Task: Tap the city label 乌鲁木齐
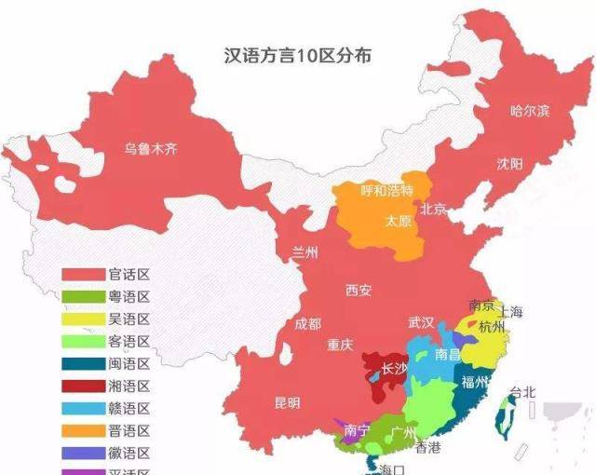151,148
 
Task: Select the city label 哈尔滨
529,111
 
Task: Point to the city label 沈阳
509,164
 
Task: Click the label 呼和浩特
386,190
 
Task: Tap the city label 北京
434,209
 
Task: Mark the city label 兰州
305,252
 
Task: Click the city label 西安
358,291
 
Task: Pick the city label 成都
307,324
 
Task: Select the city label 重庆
340,345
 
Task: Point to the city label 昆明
288,403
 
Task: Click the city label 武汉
421,322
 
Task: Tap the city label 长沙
394,369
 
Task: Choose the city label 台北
523,392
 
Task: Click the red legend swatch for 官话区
83,275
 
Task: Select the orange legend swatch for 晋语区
83,430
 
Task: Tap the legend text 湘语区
129,387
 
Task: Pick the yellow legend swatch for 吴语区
83,319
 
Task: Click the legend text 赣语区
129,409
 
